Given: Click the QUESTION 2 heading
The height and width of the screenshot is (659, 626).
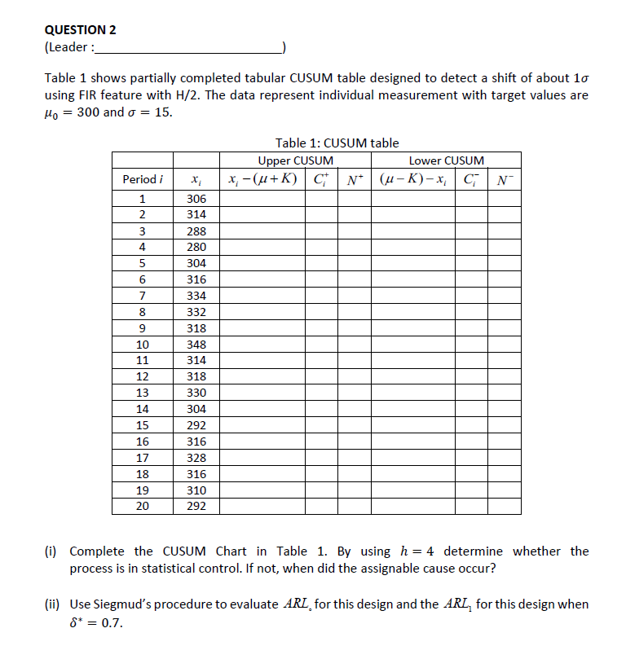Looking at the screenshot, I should point(80,30).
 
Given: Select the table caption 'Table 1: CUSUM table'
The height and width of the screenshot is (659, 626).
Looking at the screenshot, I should point(337,143).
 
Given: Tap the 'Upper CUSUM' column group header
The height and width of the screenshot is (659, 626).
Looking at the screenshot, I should point(295,160).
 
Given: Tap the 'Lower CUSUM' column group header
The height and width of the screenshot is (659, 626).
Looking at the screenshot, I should point(446,160).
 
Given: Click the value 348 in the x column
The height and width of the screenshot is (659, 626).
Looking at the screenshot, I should point(196,345).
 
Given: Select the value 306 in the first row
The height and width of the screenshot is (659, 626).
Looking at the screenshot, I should point(196,199).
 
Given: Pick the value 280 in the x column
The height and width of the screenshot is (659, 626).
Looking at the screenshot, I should point(196,247).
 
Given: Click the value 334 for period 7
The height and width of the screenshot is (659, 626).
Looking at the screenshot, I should point(196,296).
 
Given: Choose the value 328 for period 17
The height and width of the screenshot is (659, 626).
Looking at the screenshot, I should point(196,458).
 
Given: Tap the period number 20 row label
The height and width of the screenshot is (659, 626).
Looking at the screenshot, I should point(142,506).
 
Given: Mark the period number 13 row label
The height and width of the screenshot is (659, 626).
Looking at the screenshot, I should point(142,393).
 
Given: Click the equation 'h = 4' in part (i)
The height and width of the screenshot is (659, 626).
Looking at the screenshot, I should point(419,551).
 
